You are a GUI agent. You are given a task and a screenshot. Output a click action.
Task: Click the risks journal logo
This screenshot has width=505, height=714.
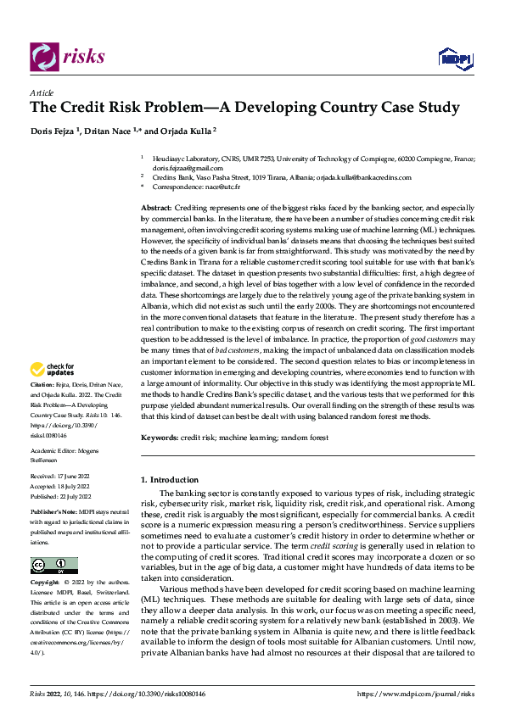click(x=67, y=57)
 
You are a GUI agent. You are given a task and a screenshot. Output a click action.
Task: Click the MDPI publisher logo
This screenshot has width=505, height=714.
click(x=454, y=58)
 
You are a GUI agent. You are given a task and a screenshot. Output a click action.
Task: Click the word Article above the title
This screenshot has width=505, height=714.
click(x=42, y=92)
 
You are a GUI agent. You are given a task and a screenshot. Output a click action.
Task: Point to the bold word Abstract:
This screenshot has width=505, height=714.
click(x=156, y=208)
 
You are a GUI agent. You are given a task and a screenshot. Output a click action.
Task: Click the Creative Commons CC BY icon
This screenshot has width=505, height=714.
click(x=53, y=542)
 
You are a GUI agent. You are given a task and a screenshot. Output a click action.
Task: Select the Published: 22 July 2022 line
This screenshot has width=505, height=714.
click(x=61, y=495)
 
